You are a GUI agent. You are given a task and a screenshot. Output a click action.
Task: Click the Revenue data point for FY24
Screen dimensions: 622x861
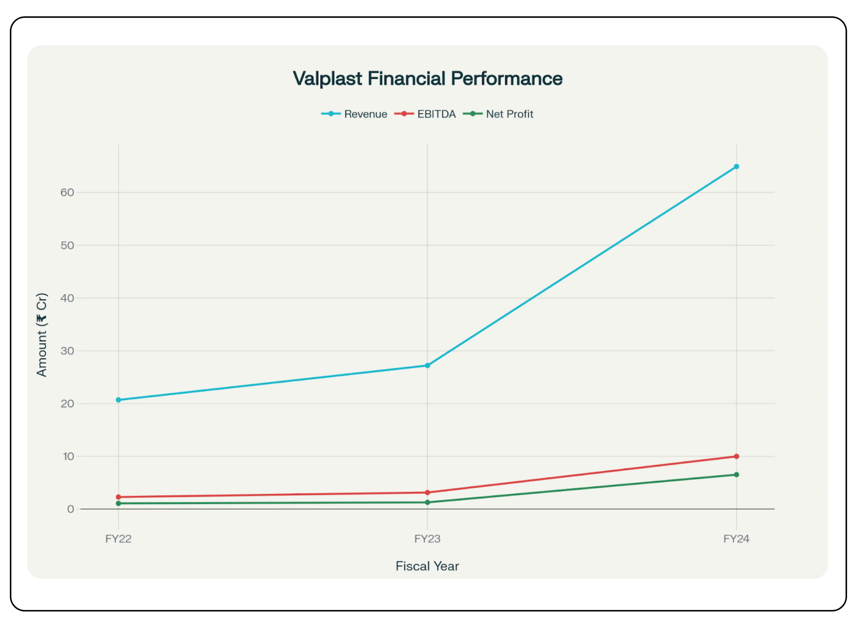click(736, 167)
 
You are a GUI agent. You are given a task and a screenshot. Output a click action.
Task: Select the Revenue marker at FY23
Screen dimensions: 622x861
click(427, 365)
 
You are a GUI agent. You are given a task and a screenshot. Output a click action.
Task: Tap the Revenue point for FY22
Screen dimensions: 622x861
click(118, 400)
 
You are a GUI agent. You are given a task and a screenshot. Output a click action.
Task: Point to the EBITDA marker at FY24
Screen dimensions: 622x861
click(736, 456)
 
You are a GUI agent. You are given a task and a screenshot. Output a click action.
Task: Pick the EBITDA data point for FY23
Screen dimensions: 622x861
click(427, 493)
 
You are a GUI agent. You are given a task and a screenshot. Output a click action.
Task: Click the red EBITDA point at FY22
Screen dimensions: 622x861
click(118, 497)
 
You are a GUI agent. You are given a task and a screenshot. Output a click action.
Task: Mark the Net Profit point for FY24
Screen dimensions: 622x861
click(736, 475)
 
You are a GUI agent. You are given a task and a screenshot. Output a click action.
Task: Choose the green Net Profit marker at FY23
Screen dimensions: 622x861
click(427, 502)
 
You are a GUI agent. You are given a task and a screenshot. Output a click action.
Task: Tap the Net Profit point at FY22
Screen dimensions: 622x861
click(118, 503)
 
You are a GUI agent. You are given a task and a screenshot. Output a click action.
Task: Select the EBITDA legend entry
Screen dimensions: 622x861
click(425, 114)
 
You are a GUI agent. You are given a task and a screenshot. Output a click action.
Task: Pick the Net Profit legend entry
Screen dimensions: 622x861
click(498, 114)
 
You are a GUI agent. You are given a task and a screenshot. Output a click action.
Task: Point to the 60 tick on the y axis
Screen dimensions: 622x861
click(67, 193)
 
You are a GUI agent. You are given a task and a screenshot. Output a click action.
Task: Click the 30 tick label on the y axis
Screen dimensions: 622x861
click(67, 351)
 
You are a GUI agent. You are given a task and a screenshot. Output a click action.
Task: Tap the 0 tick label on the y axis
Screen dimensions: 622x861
click(71, 509)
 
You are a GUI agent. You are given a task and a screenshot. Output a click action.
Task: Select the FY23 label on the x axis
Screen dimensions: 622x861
click(427, 539)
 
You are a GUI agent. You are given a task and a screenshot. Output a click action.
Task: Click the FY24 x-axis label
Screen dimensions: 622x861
click(736, 539)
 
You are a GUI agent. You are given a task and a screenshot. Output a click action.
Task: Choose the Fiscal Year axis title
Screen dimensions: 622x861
click(427, 566)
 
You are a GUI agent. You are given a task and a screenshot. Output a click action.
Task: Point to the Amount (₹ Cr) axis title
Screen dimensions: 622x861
click(42, 335)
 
